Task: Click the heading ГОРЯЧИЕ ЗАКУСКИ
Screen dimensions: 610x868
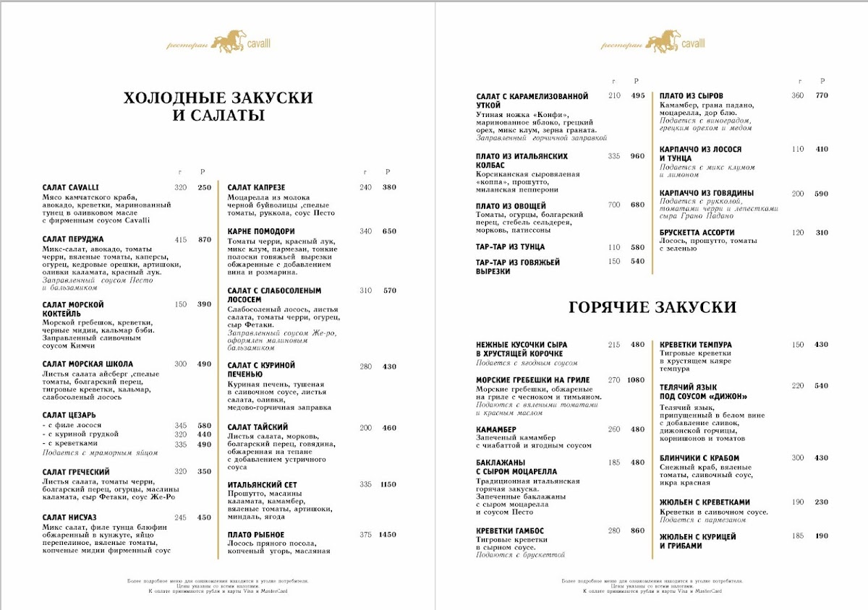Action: click(652, 308)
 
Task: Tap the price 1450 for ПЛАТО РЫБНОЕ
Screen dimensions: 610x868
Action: click(388, 535)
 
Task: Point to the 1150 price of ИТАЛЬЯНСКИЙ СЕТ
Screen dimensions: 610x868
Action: click(388, 484)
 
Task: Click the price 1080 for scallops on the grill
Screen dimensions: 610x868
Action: click(636, 380)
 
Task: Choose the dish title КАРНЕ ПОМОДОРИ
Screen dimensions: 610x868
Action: click(260, 231)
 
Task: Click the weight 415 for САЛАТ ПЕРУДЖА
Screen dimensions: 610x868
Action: click(181, 239)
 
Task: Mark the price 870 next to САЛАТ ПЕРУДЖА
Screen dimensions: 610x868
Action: click(204, 239)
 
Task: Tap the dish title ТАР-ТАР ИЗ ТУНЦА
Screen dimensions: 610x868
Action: click(511, 247)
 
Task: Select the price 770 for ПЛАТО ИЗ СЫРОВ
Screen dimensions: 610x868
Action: click(822, 95)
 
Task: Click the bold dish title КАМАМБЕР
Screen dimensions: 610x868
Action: click(495, 429)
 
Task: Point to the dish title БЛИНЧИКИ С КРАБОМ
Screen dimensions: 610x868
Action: click(699, 458)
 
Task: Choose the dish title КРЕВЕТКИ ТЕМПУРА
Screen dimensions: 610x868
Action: click(696, 345)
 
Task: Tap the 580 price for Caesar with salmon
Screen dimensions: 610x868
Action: click(204, 426)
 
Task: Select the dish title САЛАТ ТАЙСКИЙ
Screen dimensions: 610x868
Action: click(258, 428)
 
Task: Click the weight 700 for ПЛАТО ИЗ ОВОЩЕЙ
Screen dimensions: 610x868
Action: click(614, 205)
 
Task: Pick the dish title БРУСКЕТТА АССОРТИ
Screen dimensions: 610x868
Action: click(697, 233)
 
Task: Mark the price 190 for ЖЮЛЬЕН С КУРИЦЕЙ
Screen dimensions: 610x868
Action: click(822, 536)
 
